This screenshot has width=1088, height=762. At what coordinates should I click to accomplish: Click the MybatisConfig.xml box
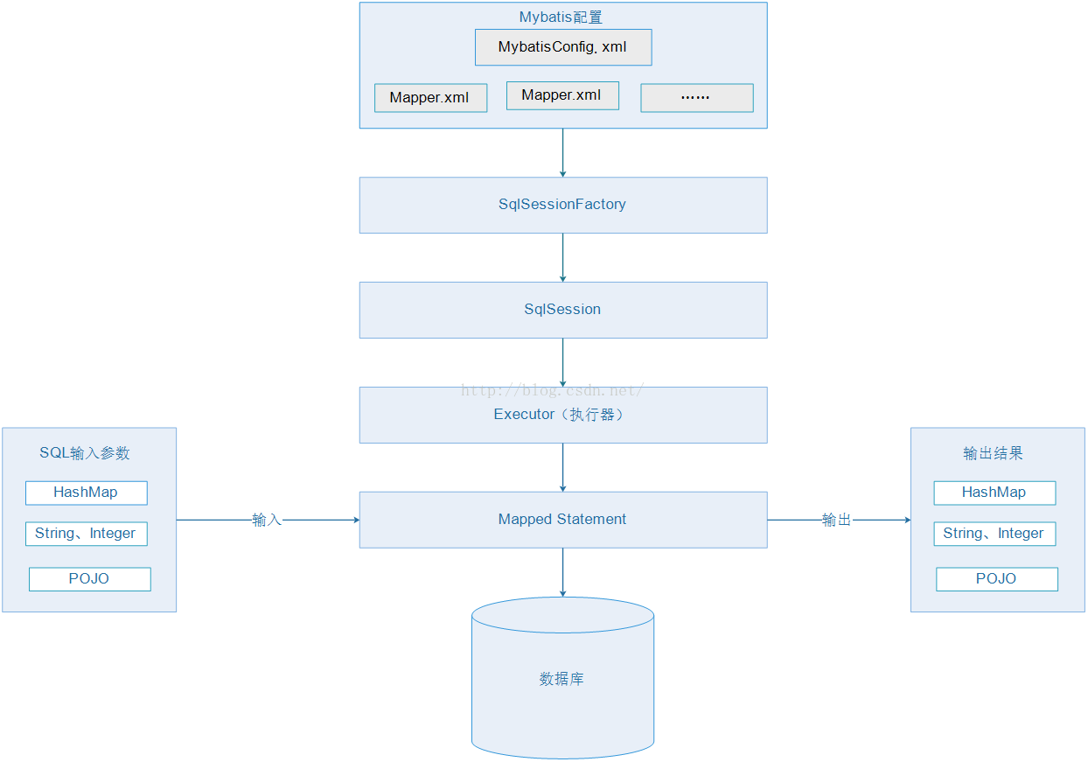click(563, 47)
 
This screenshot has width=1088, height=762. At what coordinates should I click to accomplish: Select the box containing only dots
click(697, 98)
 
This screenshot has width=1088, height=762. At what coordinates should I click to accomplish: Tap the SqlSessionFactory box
click(563, 205)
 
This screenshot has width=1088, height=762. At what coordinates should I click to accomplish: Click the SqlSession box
click(563, 310)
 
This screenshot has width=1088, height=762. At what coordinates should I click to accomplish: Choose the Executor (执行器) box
click(563, 415)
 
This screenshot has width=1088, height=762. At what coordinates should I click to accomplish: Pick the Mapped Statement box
click(563, 520)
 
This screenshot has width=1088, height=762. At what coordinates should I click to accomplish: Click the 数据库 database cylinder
click(563, 678)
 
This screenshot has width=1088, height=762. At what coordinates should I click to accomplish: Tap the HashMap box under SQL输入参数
click(87, 493)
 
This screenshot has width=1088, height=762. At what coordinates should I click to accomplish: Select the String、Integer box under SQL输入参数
click(87, 534)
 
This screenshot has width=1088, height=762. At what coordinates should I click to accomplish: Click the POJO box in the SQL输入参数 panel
click(90, 579)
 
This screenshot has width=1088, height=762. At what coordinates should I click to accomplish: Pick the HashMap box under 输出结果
click(994, 493)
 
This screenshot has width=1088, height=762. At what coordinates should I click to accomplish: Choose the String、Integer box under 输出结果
click(994, 534)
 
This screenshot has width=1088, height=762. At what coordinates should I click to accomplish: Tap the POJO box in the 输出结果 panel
click(997, 579)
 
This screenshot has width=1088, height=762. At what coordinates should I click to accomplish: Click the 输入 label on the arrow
click(267, 520)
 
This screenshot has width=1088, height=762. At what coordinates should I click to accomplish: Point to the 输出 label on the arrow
click(836, 520)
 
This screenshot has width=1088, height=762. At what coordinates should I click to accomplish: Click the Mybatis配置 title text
click(561, 17)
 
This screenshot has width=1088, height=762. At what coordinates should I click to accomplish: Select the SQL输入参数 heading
click(85, 453)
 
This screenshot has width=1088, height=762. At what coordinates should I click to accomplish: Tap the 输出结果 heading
click(994, 453)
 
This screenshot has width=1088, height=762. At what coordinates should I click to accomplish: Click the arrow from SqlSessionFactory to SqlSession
click(563, 257)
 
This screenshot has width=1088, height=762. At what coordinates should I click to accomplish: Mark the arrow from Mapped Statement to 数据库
click(563, 572)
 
